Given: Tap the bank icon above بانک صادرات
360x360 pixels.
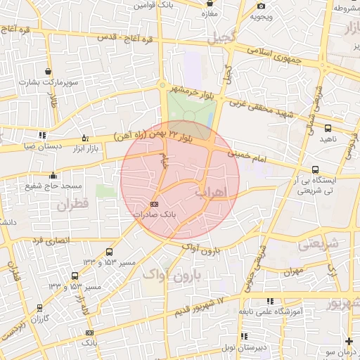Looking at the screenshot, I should (x=155, y=204).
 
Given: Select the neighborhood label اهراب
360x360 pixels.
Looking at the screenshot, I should (x=209, y=191).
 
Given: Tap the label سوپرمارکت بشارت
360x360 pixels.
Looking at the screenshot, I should (x=49, y=82).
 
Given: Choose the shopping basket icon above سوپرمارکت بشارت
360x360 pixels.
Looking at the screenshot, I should (x=48, y=72).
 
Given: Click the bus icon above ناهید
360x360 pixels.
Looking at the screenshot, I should (x=328, y=128).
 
